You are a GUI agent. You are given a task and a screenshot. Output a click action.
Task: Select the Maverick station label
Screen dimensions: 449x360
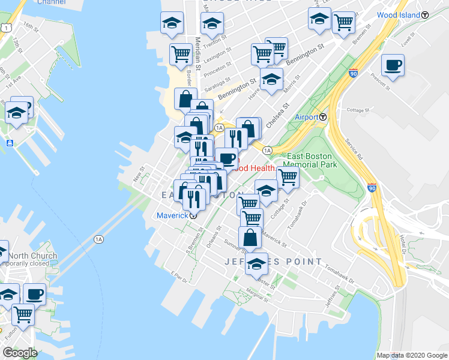tap(172, 215)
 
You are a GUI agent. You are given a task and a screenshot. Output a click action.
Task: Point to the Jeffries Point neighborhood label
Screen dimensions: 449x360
tap(258, 262)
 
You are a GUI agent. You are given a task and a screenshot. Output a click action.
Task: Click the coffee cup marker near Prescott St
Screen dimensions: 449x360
tap(393, 65)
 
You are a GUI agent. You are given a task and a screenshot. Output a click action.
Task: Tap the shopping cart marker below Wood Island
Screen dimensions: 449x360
tap(343, 23)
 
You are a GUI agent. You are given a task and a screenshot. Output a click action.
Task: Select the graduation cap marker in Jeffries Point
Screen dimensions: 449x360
tap(257, 263)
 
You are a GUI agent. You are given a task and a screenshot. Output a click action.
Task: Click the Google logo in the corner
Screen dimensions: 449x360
tap(20, 352)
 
